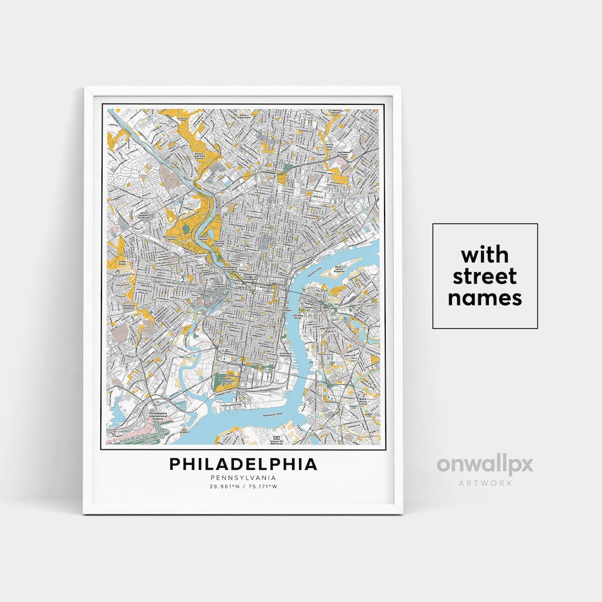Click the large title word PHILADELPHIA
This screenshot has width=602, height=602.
(x=243, y=464)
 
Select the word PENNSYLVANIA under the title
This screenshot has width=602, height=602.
(x=243, y=478)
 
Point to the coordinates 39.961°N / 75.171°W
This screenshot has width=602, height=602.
(x=243, y=487)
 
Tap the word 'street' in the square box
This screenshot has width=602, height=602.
(x=485, y=276)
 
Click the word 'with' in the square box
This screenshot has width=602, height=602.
(x=485, y=255)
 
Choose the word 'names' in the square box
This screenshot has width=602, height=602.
(x=485, y=298)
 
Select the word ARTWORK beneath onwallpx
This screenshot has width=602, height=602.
(x=485, y=483)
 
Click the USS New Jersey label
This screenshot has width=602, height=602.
(x=303, y=316)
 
